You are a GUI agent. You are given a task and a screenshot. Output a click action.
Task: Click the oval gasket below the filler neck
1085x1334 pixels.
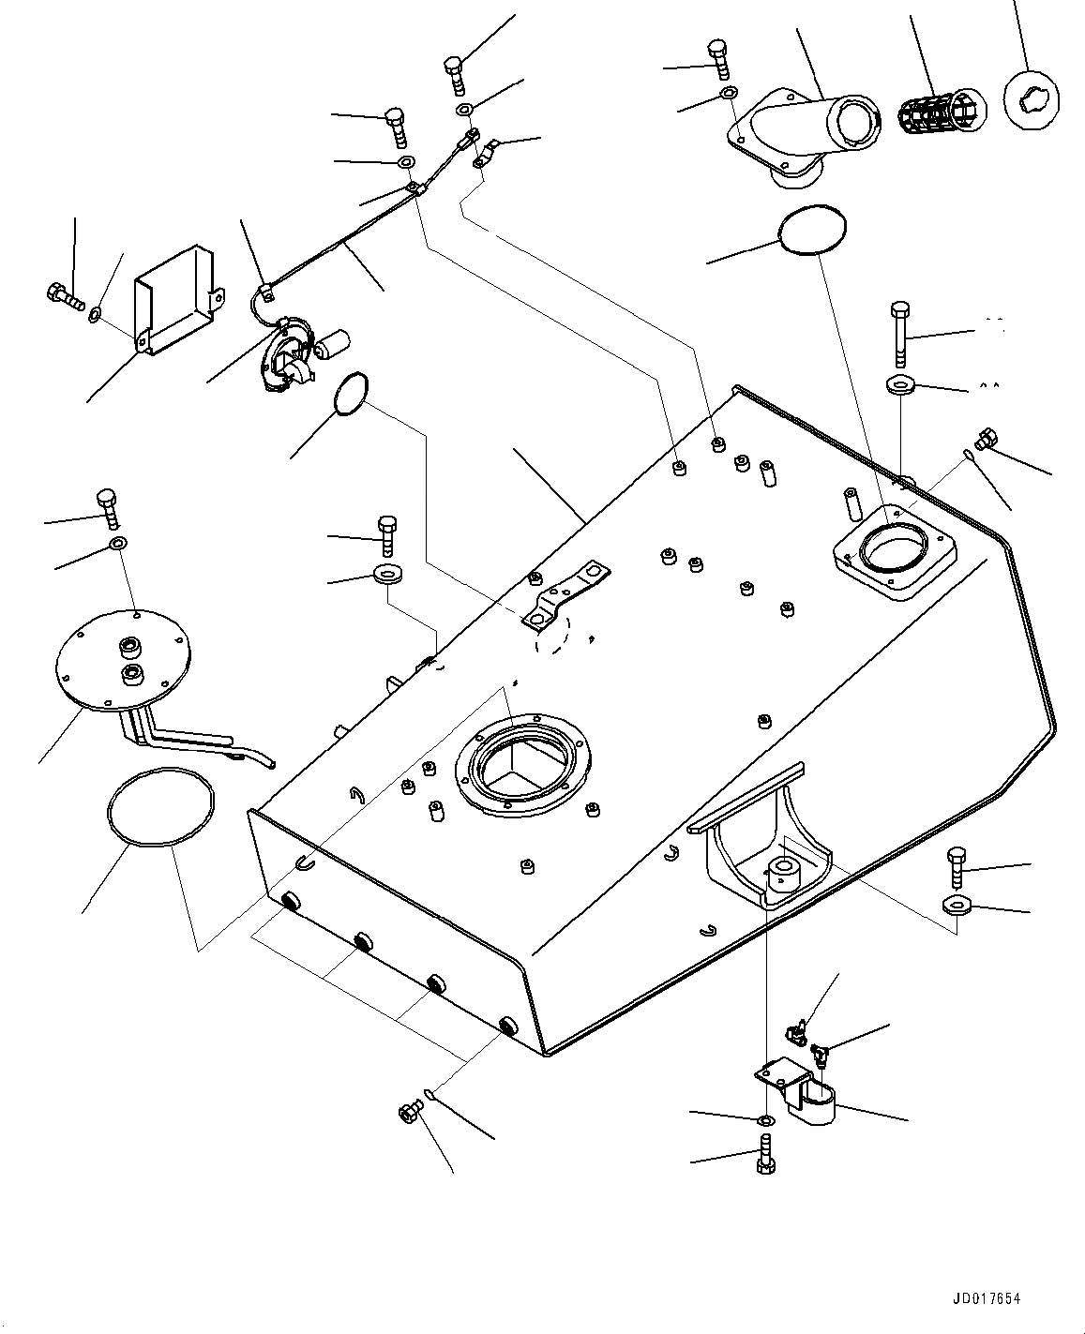[813, 230]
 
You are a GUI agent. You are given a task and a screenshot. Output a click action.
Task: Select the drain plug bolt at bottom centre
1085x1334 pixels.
[409, 1114]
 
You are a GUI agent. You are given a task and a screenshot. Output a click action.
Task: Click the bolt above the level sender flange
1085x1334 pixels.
[106, 506]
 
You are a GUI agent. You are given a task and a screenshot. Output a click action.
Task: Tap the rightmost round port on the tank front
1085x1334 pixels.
[508, 1025]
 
